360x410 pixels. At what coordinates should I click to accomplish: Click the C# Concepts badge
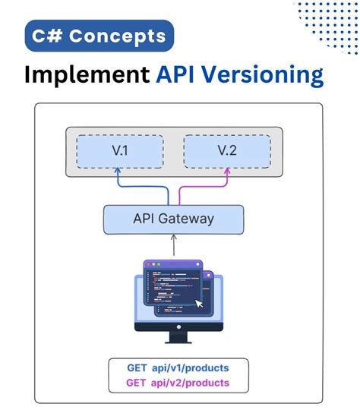click(99, 36)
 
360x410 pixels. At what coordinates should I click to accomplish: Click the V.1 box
click(118, 152)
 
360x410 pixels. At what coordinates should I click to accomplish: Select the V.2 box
click(227, 152)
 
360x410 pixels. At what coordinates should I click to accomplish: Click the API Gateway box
click(173, 219)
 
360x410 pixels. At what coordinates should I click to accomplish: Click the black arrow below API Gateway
click(174, 244)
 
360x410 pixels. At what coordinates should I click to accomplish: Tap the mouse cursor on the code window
click(199, 304)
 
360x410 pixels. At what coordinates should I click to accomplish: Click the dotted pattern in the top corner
click(327, 23)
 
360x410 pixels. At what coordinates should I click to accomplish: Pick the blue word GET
click(137, 367)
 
